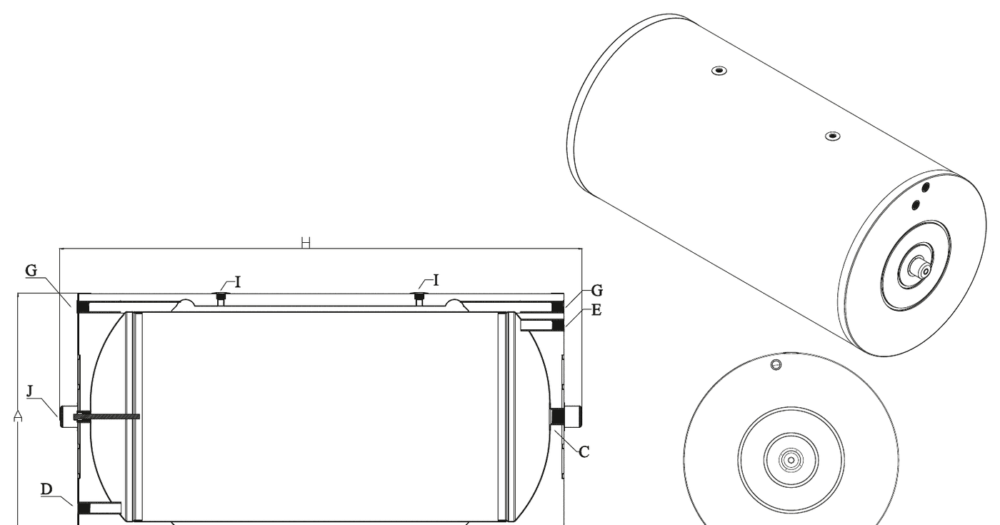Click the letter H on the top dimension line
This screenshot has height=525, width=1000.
(306, 243)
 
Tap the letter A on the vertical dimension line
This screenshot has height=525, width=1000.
(18, 416)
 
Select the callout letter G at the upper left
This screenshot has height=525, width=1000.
(31, 271)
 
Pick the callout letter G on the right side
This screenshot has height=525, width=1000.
(597, 291)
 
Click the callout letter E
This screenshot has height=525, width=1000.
(596, 310)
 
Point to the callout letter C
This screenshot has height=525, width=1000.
(584, 451)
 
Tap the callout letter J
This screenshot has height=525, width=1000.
(30, 391)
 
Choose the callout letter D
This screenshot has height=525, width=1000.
(46, 489)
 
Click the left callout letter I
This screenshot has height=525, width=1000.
(238, 282)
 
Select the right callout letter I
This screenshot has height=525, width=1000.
(436, 280)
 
